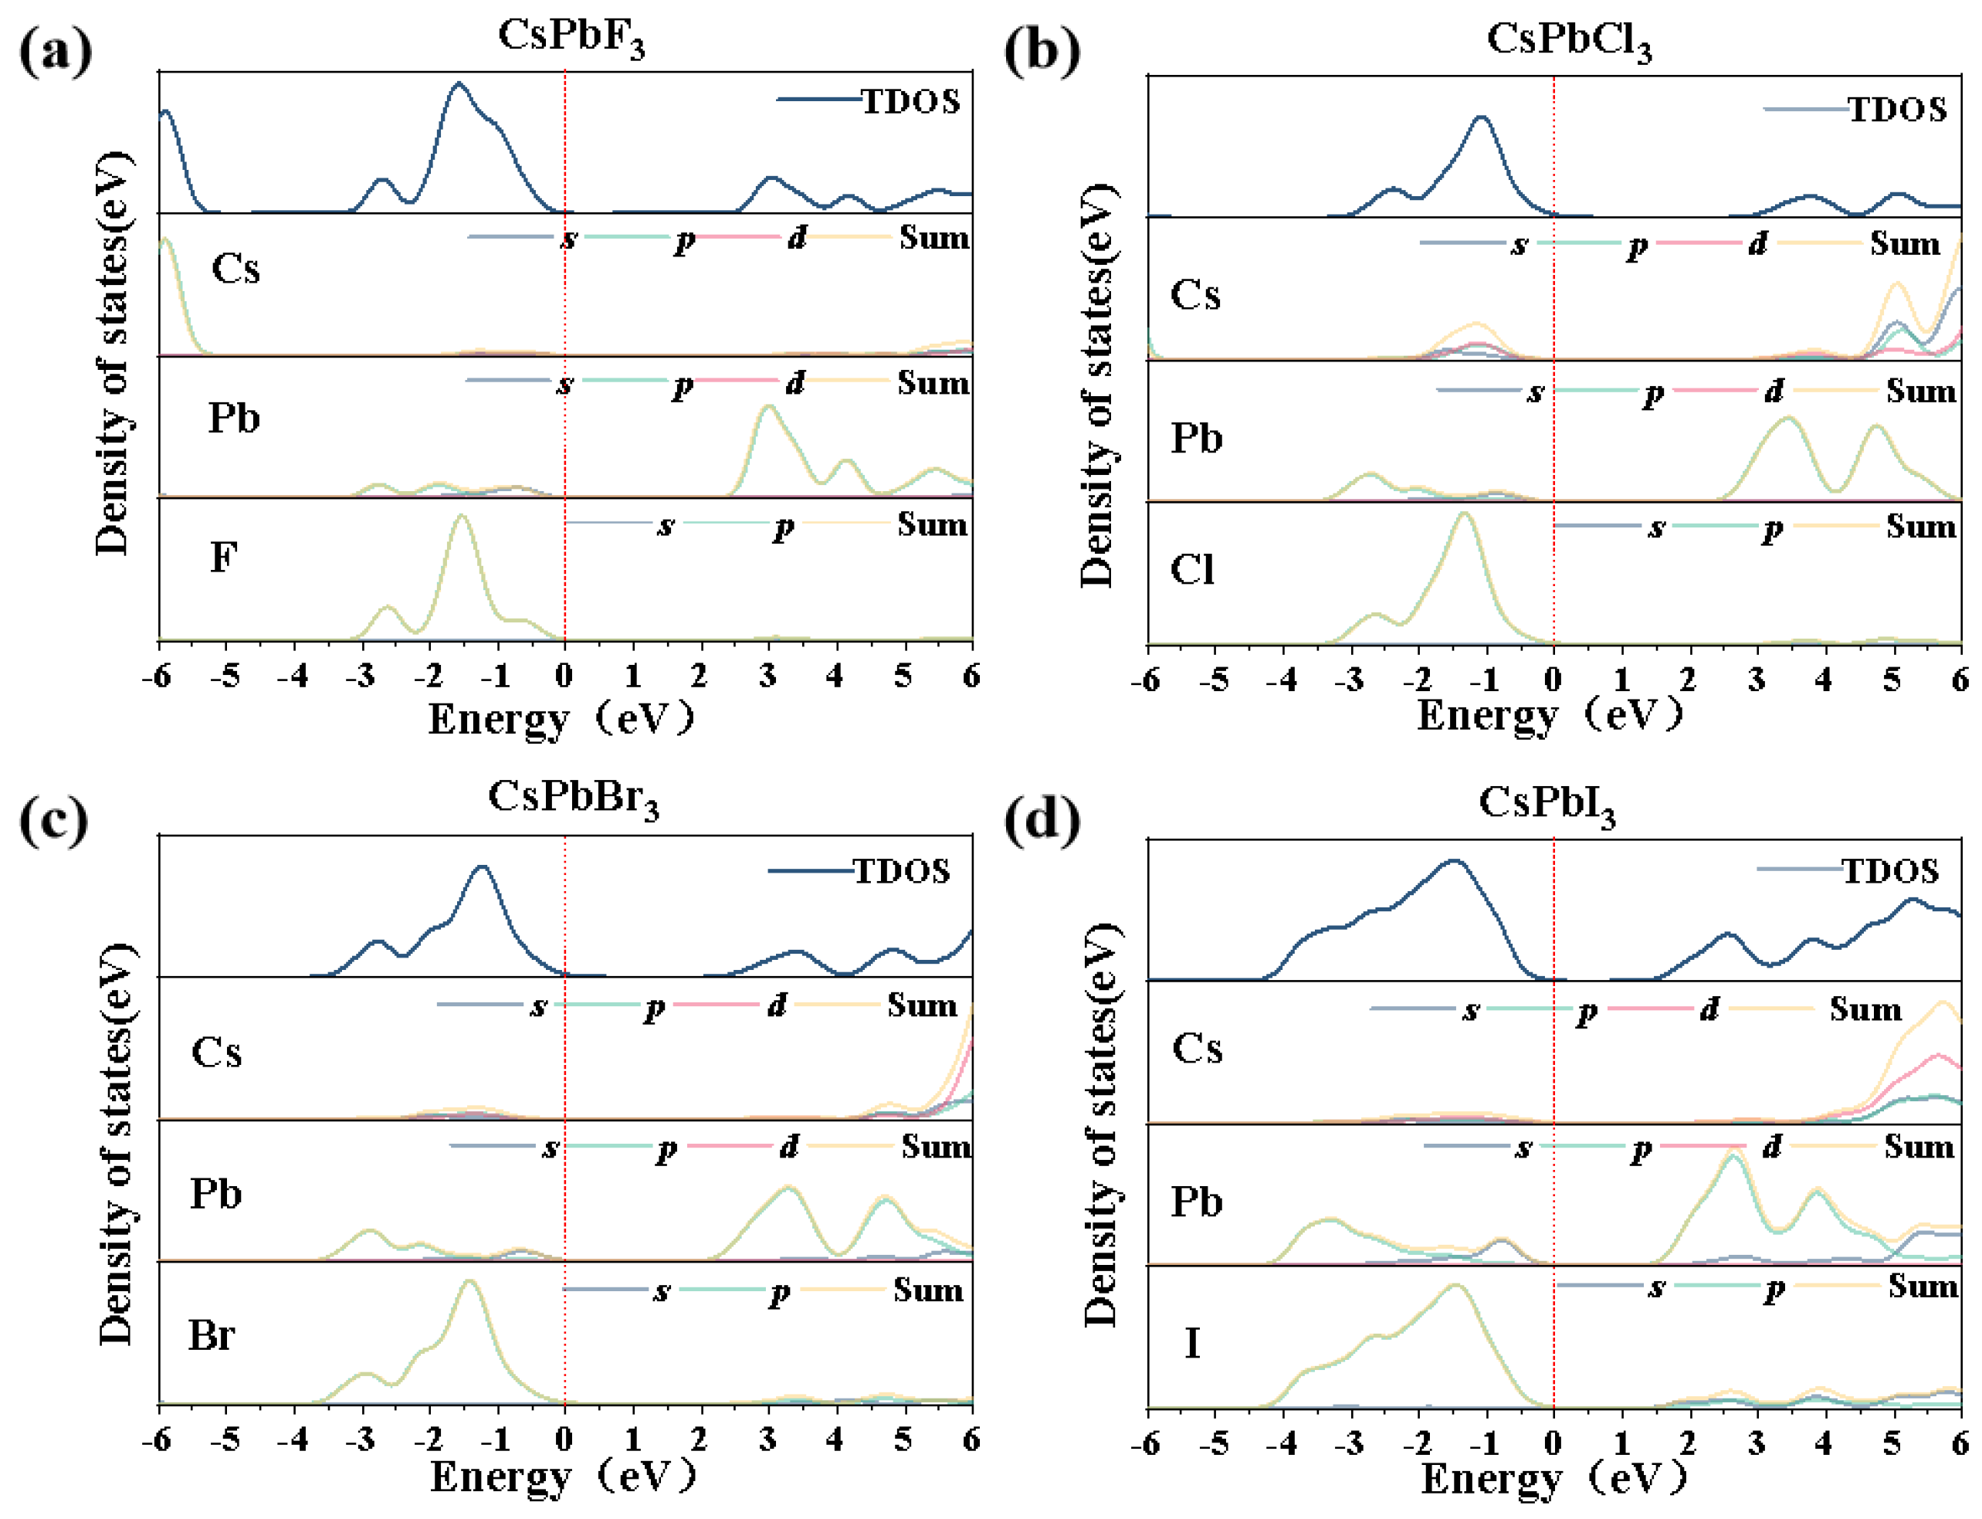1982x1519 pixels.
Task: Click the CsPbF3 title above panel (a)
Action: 571,38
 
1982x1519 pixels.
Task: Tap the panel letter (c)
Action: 54,821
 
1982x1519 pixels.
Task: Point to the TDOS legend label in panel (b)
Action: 1897,110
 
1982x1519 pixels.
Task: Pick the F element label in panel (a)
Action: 223,557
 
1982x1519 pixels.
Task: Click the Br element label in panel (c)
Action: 212,1334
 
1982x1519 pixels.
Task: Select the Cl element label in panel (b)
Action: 1192,570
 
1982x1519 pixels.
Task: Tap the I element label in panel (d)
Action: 1192,1343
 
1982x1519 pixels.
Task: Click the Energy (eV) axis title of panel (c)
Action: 562,1477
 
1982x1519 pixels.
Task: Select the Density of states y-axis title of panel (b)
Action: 1097,385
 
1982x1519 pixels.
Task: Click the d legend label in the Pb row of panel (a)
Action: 795,383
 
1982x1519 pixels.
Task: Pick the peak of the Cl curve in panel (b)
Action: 1464,514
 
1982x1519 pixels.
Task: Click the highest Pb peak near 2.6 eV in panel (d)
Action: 1733,1153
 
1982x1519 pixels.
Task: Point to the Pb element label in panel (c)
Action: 215,1195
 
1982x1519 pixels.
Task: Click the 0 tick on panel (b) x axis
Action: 1553,679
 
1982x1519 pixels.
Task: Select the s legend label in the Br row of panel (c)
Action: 662,1291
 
